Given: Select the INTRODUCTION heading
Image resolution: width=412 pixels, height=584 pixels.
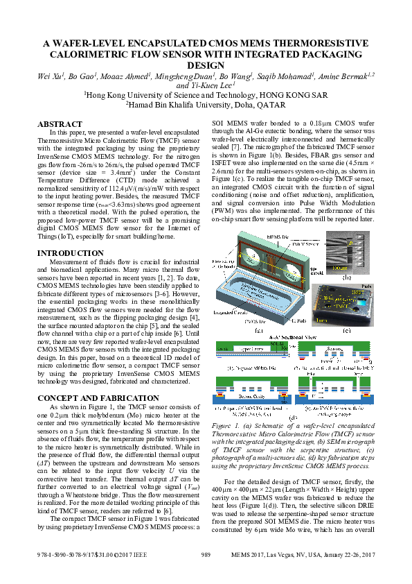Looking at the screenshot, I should click(70, 253).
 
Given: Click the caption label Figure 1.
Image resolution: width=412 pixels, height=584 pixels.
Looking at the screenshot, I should click(224, 424).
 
